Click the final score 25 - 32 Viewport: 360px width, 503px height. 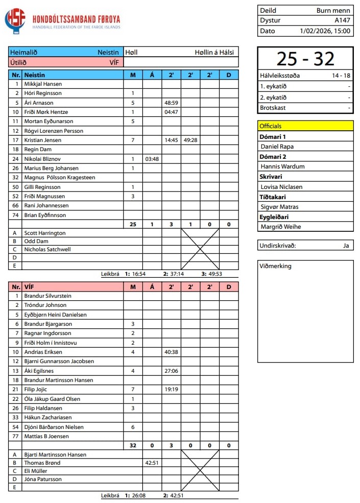(305, 59)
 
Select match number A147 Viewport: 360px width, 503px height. (342, 20)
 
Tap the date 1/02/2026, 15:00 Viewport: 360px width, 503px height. (325, 31)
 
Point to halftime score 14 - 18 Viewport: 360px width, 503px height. (340, 76)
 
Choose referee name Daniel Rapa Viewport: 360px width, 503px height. (277, 147)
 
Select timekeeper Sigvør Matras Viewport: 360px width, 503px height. (279, 207)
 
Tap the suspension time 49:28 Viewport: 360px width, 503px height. (190, 140)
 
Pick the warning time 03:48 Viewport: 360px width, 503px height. (152, 159)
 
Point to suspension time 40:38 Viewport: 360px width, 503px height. (171, 352)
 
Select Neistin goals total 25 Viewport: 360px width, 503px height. (133, 224)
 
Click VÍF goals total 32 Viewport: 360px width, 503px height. (133, 445)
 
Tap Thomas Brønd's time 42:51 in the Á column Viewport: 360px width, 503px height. (152, 463)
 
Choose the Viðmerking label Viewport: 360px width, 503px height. (275, 266)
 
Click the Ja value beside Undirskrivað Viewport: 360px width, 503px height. (346, 246)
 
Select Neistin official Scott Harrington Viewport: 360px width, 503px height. (45, 233)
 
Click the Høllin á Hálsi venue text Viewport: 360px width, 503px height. (214, 52)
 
